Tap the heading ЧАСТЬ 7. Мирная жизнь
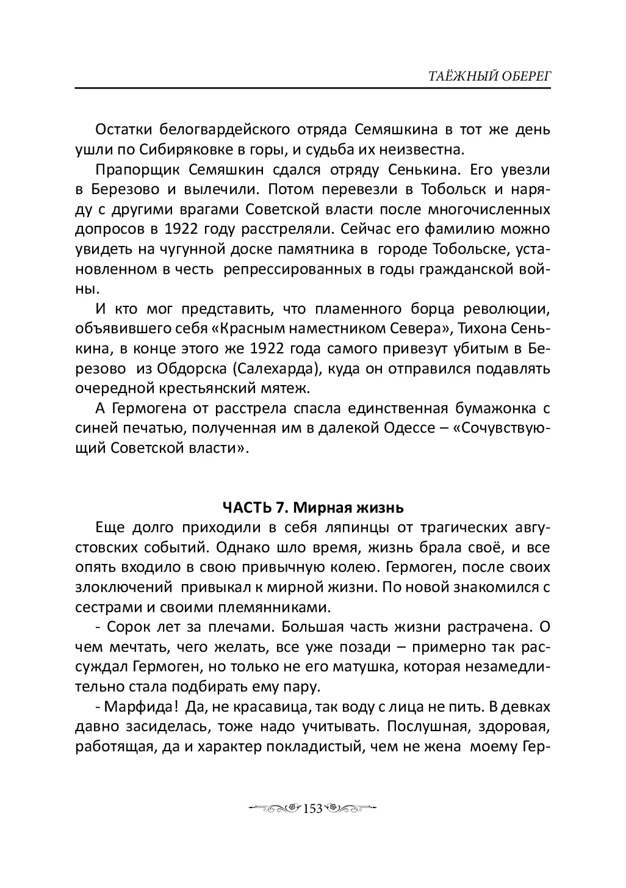click(x=313, y=507)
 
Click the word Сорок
click(x=127, y=626)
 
